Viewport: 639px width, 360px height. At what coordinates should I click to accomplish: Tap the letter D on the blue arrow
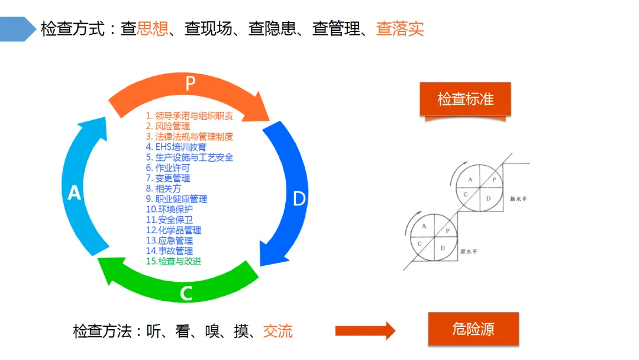pos(299,199)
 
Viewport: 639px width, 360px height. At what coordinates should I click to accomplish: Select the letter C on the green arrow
pos(186,292)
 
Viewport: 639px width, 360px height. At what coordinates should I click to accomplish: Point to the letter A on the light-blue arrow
pos(74,193)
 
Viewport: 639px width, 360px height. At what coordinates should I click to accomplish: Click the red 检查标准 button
pos(465,99)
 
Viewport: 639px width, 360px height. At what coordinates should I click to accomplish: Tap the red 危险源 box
pos(473,329)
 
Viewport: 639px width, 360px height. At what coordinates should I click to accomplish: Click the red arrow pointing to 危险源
pos(364,330)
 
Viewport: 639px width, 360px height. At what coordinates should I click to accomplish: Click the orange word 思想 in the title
pos(153,29)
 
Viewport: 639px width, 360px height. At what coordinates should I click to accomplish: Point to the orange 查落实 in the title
pos(400,29)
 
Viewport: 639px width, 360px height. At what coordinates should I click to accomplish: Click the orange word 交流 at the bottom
pos(278,331)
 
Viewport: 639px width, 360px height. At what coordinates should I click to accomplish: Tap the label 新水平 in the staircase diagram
pos(518,200)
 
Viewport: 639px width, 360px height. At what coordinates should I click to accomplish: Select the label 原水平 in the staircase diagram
pos(469,252)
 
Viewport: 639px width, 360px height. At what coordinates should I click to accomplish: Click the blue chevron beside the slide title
pos(18,29)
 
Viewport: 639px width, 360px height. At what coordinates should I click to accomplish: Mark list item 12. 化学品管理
pos(173,230)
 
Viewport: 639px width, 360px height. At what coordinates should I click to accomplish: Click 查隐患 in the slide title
pos(272,29)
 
